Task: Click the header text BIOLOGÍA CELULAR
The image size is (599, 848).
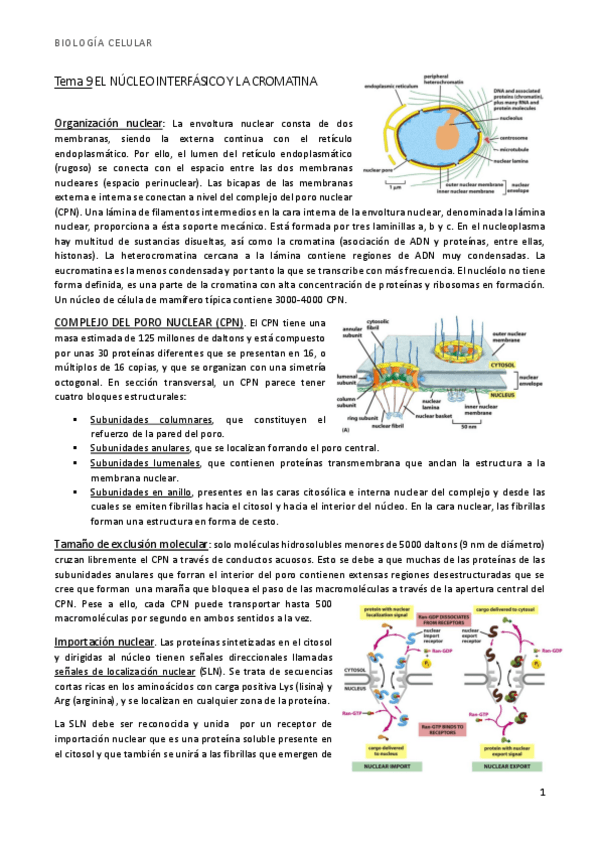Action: (x=103, y=43)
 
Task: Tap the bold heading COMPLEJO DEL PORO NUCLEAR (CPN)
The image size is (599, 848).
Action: (x=148, y=322)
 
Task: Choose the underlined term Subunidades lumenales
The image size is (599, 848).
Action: (x=145, y=463)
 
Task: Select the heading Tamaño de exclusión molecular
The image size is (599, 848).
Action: (x=130, y=542)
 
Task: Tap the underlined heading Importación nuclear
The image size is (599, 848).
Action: (x=105, y=640)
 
